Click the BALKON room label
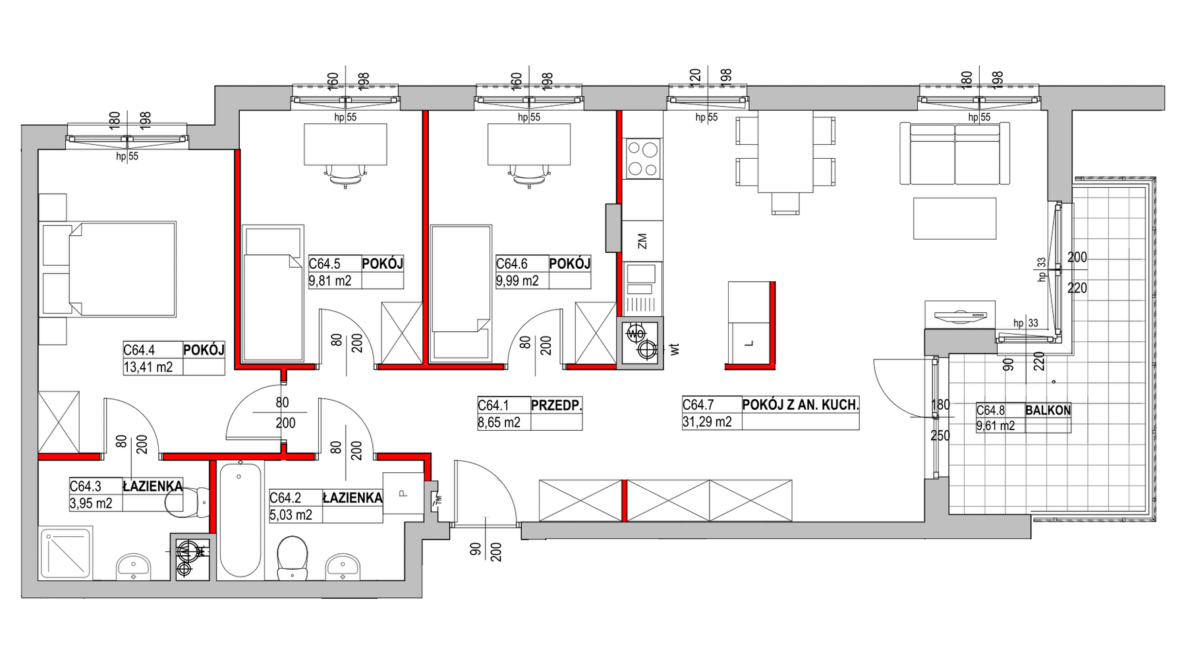click(1048, 410)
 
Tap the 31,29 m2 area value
click(707, 422)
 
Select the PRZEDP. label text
click(557, 406)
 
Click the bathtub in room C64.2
click(240, 520)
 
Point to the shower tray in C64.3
click(66, 553)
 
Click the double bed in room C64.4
click(109, 269)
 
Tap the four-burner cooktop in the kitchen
click(643, 158)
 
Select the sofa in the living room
click(955, 153)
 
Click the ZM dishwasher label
click(642, 241)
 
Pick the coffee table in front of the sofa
click(954, 218)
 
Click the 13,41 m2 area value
click(148, 367)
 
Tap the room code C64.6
click(512, 264)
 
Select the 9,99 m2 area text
click(517, 281)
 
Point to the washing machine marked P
click(403, 493)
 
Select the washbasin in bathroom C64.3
click(134, 567)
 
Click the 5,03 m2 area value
click(291, 514)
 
